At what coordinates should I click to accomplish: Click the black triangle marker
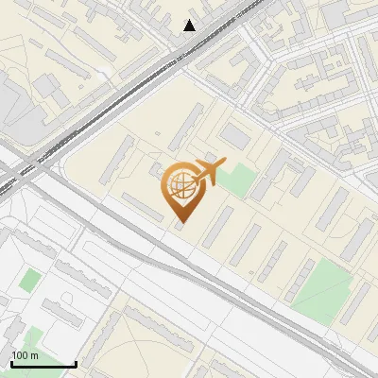(x=190, y=26)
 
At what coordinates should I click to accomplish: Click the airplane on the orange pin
(x=209, y=173)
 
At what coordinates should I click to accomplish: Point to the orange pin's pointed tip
(x=180, y=223)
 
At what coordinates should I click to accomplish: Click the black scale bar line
(x=43, y=364)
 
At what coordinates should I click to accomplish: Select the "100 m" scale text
(x=26, y=355)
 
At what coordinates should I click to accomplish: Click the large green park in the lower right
(x=321, y=288)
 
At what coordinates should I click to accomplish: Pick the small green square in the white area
(x=30, y=280)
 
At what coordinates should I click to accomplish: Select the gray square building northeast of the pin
(x=235, y=138)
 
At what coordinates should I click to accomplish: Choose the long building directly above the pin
(x=187, y=128)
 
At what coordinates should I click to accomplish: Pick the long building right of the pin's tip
(x=217, y=227)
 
